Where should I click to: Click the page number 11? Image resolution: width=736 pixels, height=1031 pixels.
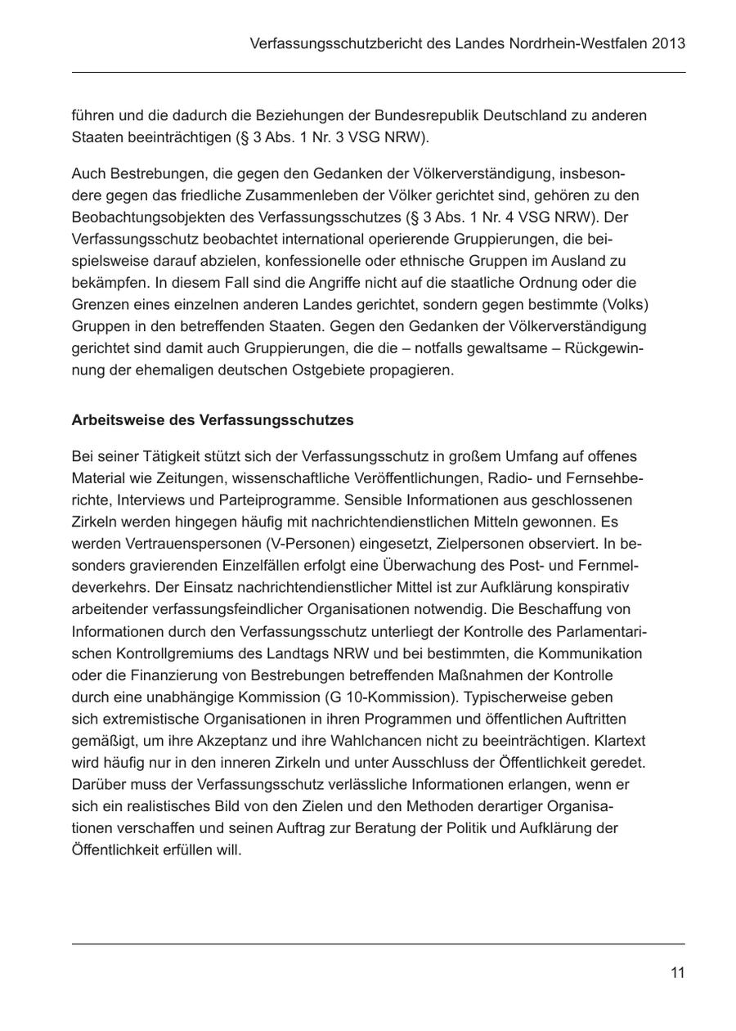(677, 973)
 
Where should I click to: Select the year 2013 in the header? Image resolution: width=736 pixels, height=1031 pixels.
(669, 43)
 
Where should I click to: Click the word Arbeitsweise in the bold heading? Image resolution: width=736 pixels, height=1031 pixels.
(113, 420)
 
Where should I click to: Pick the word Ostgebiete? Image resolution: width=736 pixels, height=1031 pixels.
(330, 370)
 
